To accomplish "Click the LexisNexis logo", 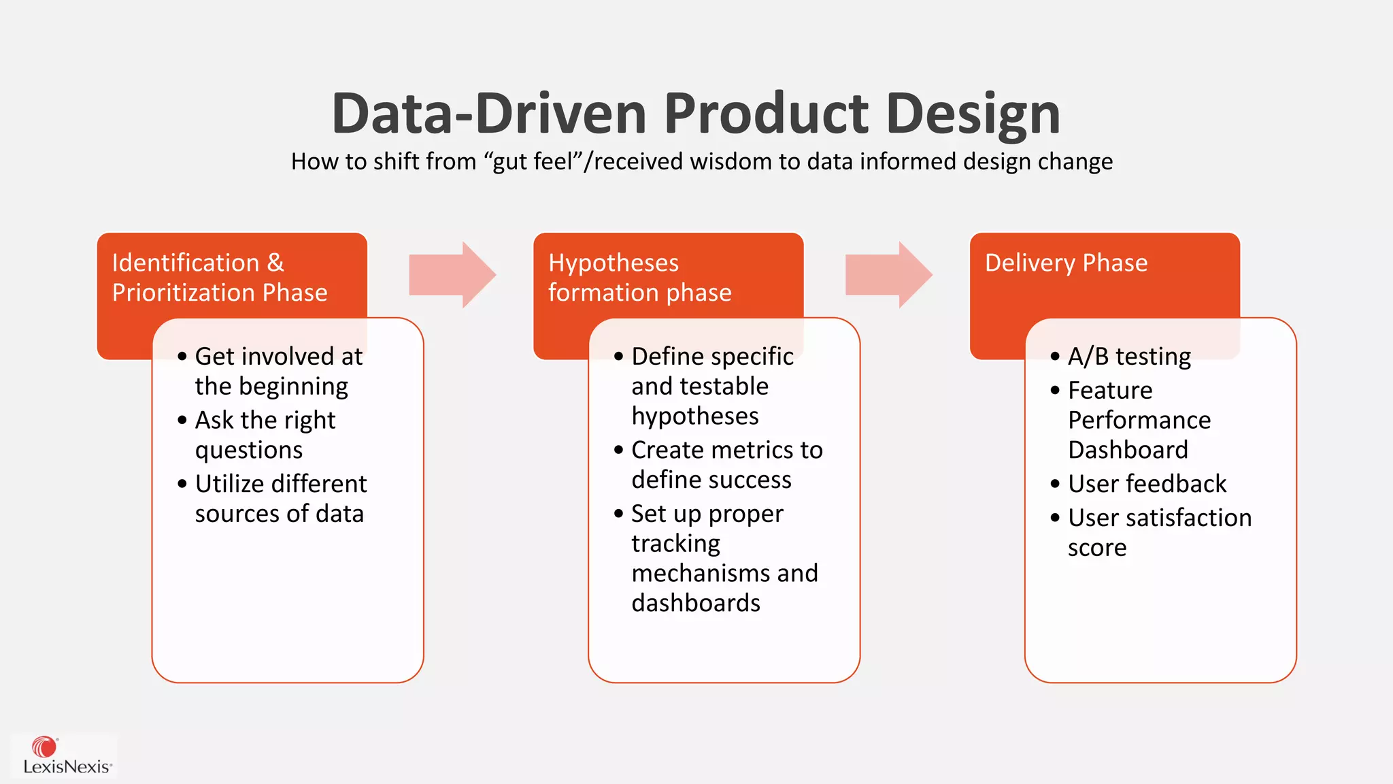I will [x=65, y=755].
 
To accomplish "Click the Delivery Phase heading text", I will [x=1066, y=263].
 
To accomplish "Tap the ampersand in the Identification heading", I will [x=275, y=263].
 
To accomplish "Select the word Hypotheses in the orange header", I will [x=614, y=263].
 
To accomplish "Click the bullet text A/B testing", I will [x=1129, y=357].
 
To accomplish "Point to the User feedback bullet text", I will [x=1147, y=484].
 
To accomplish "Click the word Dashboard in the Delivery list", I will [x=1128, y=450].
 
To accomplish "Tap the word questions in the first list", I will [x=249, y=451].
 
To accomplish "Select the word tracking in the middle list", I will [x=675, y=544].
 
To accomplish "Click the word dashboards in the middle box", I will [x=695, y=603].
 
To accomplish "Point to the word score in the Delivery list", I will [x=1096, y=548].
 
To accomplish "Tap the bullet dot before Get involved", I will [x=182, y=357].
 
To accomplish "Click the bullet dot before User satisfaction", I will [x=1055, y=518].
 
